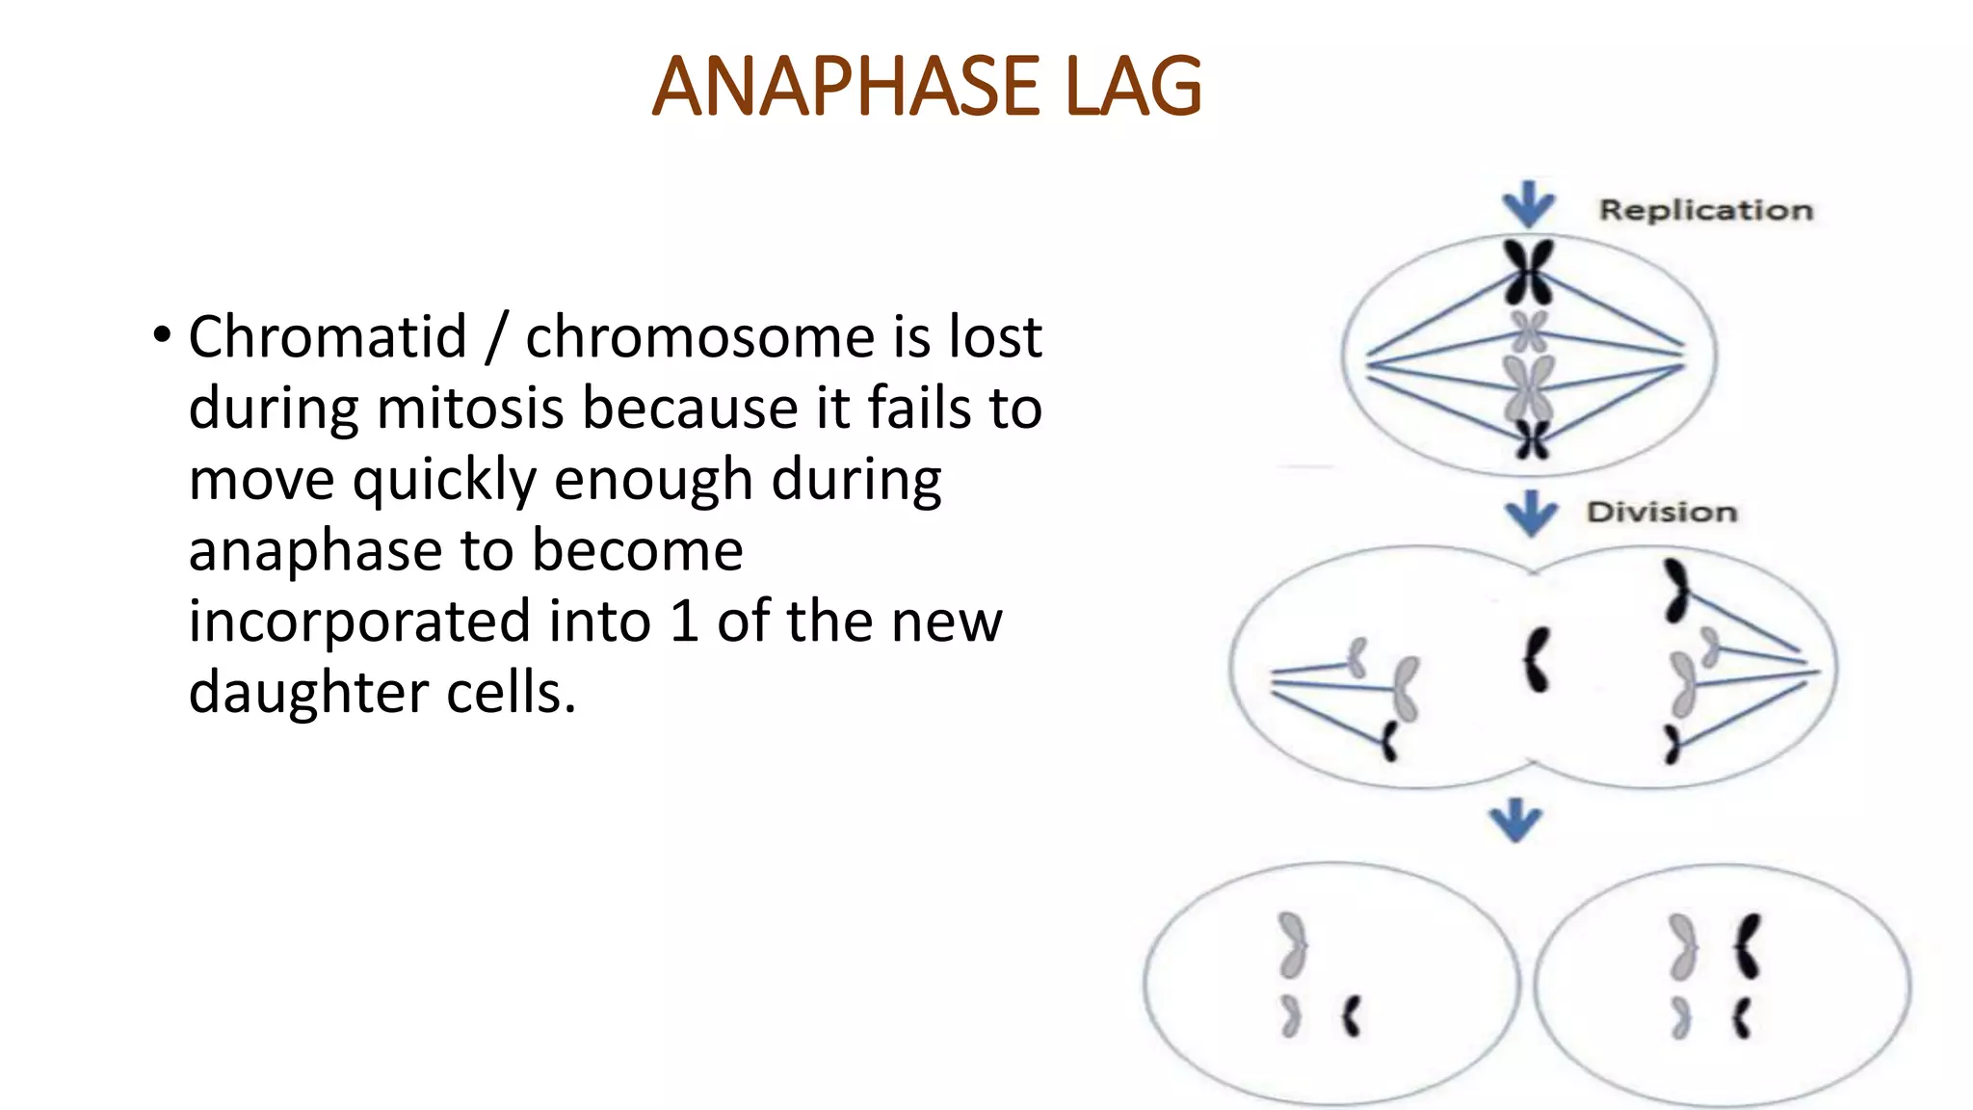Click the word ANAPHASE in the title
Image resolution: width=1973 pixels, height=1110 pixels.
tap(845, 87)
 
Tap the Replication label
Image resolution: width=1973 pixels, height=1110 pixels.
tap(1705, 210)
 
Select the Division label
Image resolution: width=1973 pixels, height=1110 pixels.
tap(1662, 512)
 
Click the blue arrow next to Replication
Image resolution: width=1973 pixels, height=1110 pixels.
tap(1528, 205)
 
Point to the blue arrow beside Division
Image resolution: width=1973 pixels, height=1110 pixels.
tap(1531, 514)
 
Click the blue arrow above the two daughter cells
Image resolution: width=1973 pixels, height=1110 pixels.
tap(1515, 820)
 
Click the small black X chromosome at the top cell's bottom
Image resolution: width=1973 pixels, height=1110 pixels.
tap(1532, 439)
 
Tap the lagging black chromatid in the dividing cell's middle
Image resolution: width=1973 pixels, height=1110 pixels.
tap(1536, 659)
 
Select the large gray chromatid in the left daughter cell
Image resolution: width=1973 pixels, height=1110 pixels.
tap(1292, 944)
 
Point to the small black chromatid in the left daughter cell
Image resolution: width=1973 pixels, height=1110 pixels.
tap(1352, 1017)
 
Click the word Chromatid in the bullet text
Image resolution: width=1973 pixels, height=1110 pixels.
tap(328, 337)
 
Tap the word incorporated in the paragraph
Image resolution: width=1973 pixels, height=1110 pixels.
tap(358, 621)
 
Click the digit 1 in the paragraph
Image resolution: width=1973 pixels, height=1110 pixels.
tap(684, 621)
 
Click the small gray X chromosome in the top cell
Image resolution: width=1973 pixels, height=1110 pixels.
tap(1529, 331)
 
